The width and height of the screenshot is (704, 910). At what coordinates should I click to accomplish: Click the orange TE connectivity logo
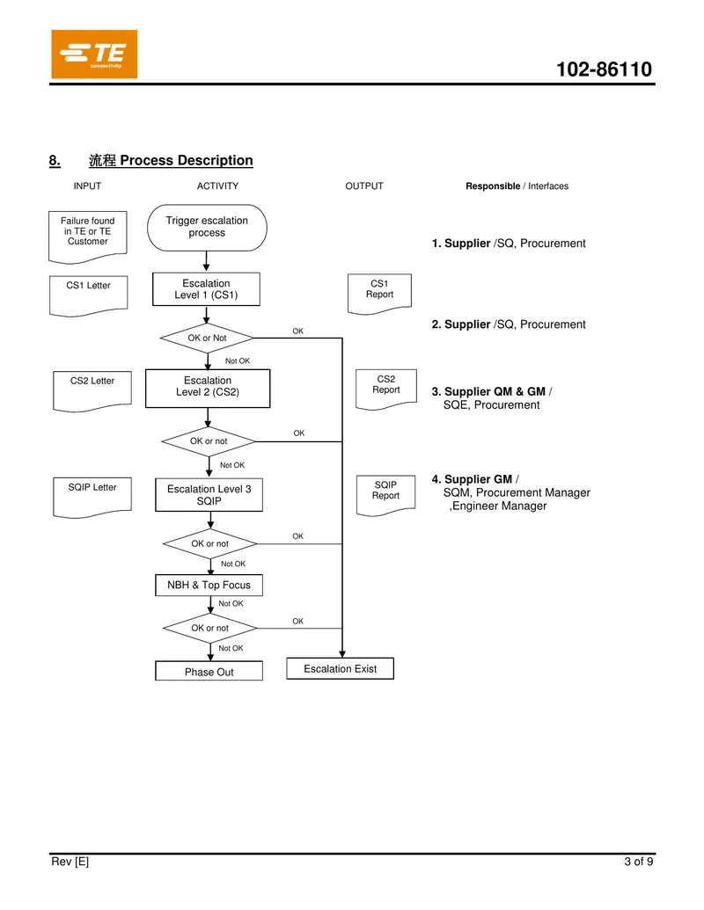[94, 54]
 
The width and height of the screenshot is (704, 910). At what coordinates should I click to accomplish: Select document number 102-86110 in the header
[604, 69]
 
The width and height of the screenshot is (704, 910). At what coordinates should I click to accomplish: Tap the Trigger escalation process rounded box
[207, 228]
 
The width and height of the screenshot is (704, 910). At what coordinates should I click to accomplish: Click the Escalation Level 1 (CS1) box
[206, 289]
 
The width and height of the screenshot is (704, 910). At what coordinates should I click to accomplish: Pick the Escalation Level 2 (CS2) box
[208, 389]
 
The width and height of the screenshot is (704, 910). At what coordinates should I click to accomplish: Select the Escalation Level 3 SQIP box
[209, 494]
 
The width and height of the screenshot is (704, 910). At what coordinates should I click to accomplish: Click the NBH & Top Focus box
[209, 585]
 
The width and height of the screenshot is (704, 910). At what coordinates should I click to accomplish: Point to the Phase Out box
[209, 671]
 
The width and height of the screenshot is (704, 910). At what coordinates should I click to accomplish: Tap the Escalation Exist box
[341, 668]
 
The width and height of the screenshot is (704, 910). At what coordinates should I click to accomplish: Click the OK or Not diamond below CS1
[207, 338]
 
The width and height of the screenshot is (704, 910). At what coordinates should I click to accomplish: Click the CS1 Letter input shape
[88, 296]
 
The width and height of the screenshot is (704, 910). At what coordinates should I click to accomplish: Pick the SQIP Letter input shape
[92, 498]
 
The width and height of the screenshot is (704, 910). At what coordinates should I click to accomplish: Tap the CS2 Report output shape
[386, 389]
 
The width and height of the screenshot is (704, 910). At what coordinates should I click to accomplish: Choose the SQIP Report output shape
[385, 495]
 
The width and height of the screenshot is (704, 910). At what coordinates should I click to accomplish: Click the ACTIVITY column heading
[218, 186]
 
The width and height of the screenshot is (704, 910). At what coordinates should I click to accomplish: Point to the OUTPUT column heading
[364, 186]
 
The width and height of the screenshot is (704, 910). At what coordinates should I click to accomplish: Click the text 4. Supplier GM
[472, 479]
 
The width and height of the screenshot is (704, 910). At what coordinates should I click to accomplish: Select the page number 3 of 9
[638, 862]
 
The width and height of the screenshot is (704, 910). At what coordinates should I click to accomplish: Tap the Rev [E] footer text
[70, 862]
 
